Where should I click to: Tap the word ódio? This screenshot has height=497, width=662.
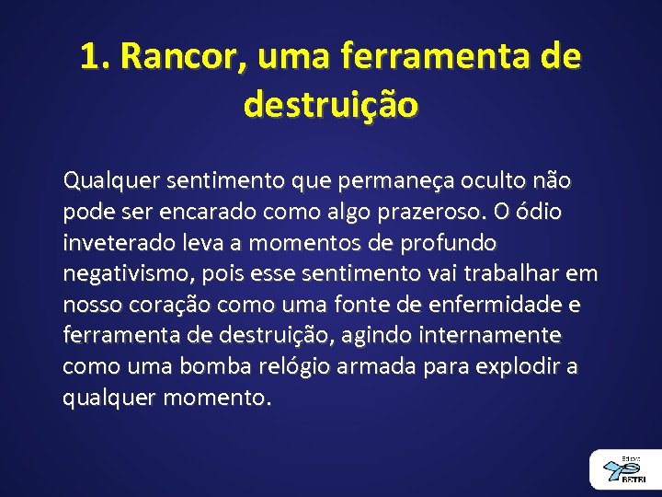[x=542, y=213]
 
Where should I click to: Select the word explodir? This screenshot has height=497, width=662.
[x=513, y=366]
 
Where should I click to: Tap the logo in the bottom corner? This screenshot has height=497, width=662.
[x=625, y=469]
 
